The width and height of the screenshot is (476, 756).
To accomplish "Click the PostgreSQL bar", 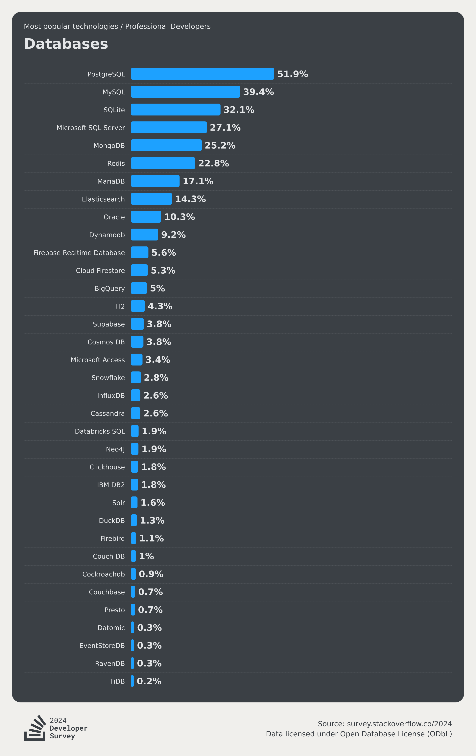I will [x=202, y=74].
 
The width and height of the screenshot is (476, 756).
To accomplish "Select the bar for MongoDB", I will [x=166, y=145].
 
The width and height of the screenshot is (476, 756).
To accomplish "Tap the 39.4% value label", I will [x=258, y=92].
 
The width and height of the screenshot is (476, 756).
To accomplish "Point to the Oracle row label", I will [x=114, y=217].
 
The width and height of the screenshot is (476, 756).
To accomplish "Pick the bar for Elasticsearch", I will [x=151, y=199].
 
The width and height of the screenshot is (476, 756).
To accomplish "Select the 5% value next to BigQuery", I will [x=157, y=288].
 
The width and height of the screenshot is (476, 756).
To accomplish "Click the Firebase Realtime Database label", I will [x=79, y=253].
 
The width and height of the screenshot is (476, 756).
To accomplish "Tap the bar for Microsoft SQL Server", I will [x=169, y=127].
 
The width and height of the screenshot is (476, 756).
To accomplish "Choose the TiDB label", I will [x=117, y=681].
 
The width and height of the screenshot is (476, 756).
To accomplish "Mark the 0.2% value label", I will [x=149, y=681].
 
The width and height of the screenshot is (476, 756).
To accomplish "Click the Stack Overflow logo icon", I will [x=35, y=728].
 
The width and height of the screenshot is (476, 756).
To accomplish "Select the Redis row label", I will [x=116, y=164].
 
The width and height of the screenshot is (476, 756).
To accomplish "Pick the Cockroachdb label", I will [x=104, y=574].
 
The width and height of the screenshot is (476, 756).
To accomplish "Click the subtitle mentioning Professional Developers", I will [x=117, y=26].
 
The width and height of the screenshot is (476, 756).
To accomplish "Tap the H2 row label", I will [x=120, y=306].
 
